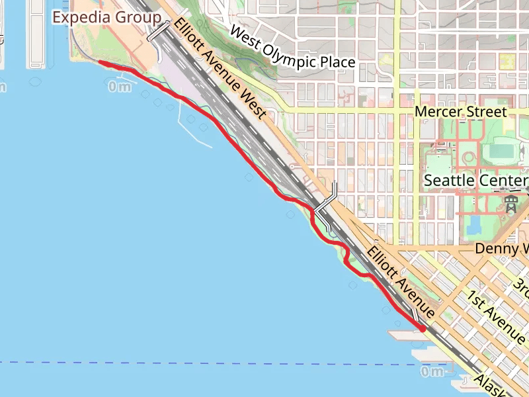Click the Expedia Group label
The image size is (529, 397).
tap(106, 17)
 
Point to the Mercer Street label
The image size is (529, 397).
tap(460, 112)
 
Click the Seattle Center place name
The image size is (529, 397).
tap(475, 180)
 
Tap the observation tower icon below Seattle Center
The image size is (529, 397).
tap(510, 204)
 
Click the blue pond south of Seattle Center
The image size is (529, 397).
tap(473, 226)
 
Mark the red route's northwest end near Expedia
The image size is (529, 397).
tap(101, 62)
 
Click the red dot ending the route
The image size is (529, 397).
tap(423, 328)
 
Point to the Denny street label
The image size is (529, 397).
tap(502, 249)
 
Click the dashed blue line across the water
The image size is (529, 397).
tap(198, 363)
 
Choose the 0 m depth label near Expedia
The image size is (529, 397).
tap(119, 87)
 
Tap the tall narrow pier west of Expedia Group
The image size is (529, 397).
tap(36, 33)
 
